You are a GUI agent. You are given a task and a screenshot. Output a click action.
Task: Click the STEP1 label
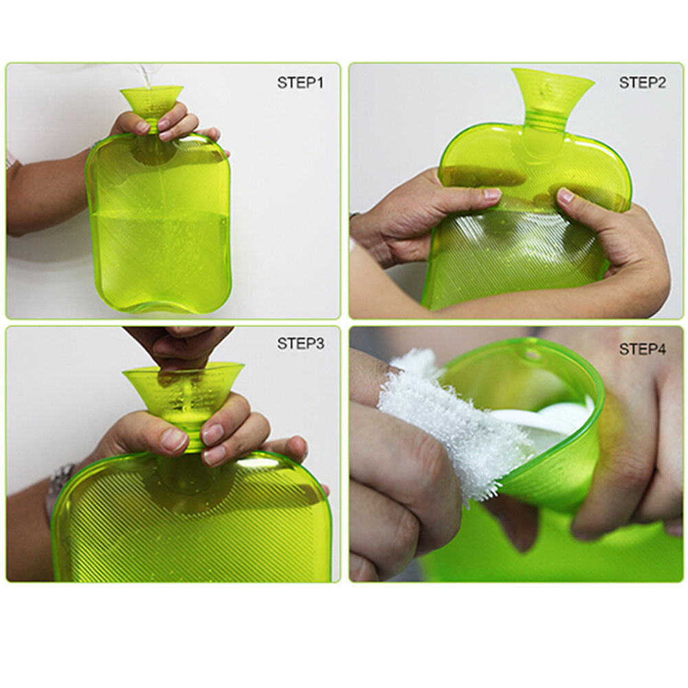300,83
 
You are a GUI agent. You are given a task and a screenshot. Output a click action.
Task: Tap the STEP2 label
642,83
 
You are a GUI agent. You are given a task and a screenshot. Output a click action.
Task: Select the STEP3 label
300,344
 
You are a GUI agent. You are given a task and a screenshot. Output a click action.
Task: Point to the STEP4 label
642,350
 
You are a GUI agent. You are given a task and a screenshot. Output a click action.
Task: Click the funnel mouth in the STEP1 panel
151,91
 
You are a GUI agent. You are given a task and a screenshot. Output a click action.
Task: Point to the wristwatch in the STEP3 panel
60,481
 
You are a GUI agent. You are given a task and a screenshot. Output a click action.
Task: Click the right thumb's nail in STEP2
566,196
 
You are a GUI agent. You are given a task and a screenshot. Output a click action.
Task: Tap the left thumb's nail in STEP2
492,195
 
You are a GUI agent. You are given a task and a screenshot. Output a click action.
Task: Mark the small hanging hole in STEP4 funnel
531,355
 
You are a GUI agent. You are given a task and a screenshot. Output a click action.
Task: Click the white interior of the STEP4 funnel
550,419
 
